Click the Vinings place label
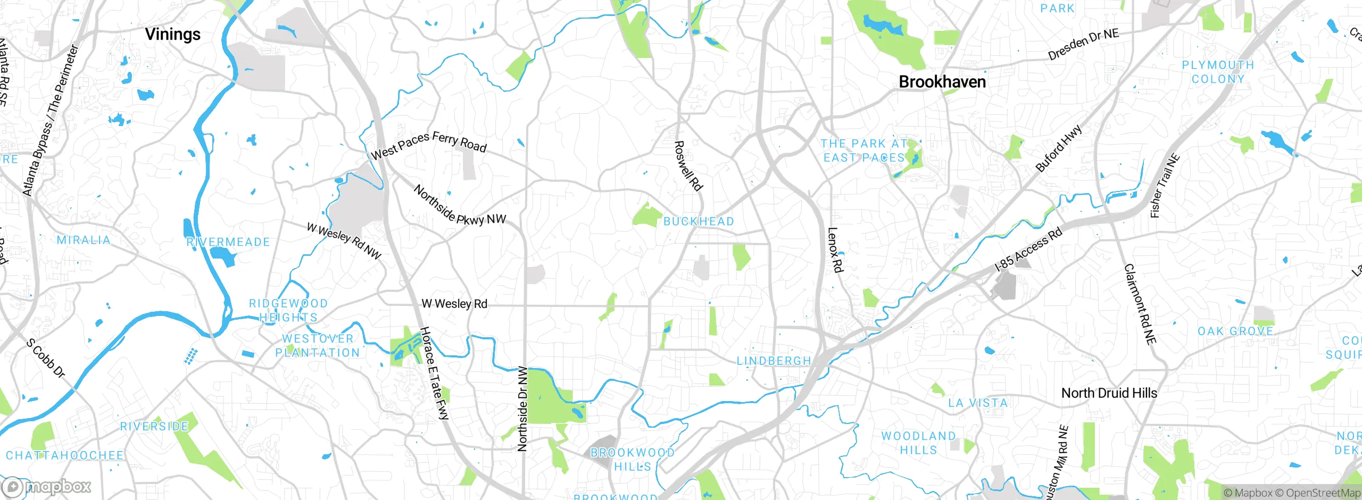[x=173, y=35]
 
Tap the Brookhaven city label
[x=942, y=82]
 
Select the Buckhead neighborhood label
[x=699, y=221]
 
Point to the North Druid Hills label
[x=1109, y=393]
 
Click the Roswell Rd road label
[x=688, y=165]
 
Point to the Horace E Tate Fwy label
[x=435, y=373]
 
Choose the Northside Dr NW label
[x=522, y=409]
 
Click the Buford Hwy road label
[x=1059, y=148]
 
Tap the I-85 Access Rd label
[x=1028, y=249]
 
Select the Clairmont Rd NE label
[x=1140, y=304]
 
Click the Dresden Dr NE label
[x=1083, y=45]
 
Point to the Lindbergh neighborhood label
[x=774, y=361]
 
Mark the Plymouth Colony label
[x=1218, y=72]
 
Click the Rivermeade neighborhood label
[x=228, y=242]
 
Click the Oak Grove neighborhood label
[x=1235, y=331]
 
